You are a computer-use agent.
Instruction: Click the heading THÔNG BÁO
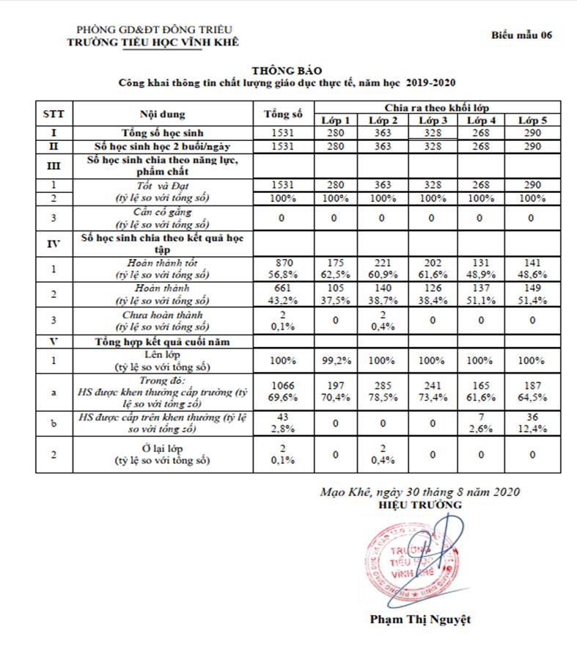(x=287, y=70)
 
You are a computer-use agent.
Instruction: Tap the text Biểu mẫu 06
(x=521, y=34)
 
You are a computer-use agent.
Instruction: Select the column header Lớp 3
(x=433, y=120)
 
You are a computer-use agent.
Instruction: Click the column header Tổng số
(x=284, y=114)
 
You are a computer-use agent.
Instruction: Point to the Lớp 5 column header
(x=532, y=120)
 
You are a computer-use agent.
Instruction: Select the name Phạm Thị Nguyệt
(x=421, y=619)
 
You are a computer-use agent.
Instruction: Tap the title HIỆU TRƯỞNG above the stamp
(x=420, y=505)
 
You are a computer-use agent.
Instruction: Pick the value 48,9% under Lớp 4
(x=482, y=275)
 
